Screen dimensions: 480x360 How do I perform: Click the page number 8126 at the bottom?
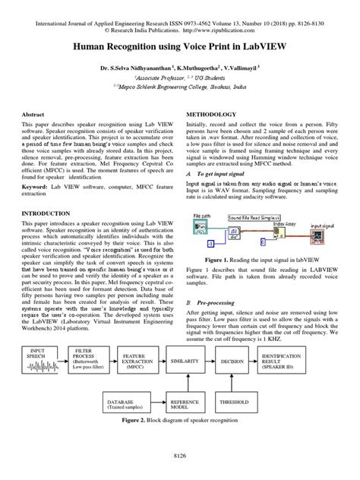179,455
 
